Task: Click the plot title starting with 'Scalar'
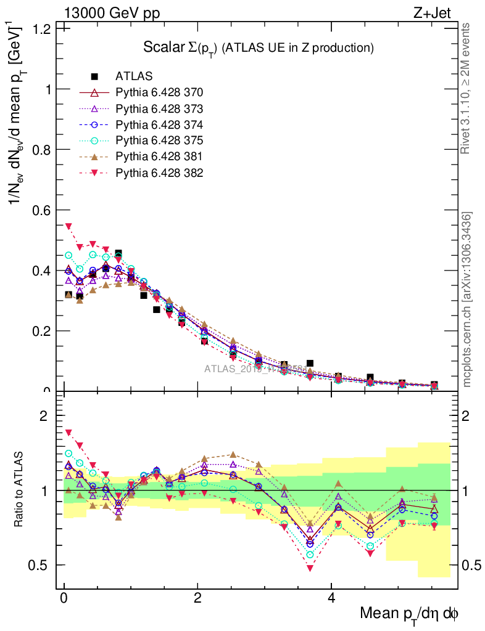click(x=259, y=47)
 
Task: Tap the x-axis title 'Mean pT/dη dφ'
click(x=409, y=613)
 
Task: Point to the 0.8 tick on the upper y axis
click(x=42, y=149)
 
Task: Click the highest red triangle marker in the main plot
click(x=68, y=226)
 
